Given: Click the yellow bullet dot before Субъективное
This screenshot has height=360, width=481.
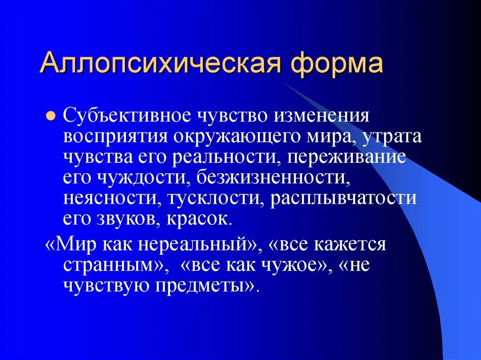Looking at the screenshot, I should pos(52,115).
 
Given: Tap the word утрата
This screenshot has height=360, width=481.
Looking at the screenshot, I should pos(396,136).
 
